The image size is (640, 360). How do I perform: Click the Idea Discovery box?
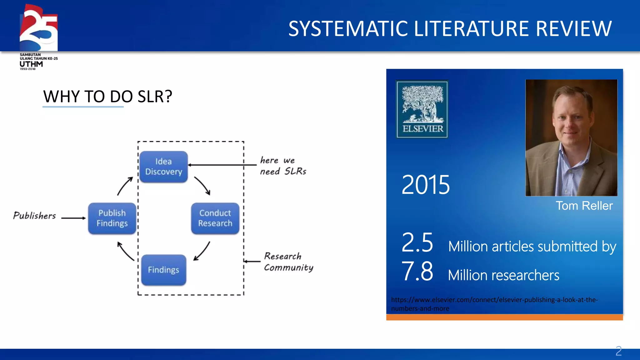click(x=163, y=167)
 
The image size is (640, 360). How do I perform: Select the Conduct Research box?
click(x=215, y=218)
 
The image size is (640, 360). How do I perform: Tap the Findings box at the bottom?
click(x=163, y=270)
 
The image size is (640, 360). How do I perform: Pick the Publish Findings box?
click(x=112, y=218)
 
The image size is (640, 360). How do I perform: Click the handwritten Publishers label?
click(x=34, y=216)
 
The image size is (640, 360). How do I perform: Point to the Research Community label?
click(x=288, y=262)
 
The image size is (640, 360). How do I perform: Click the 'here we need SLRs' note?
click(x=283, y=166)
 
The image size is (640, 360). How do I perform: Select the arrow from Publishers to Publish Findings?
click(x=73, y=218)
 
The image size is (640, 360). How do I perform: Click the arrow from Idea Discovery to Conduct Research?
click(x=202, y=186)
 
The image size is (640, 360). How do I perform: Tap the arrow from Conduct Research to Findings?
click(x=202, y=251)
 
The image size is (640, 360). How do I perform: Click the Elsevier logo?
click(x=422, y=109)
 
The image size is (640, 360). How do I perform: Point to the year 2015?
click(x=426, y=185)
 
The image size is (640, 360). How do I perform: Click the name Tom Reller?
click(x=584, y=206)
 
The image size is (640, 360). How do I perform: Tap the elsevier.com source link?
click(x=494, y=304)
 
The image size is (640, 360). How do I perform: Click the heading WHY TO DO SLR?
click(x=107, y=97)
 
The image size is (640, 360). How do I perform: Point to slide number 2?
click(x=618, y=351)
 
